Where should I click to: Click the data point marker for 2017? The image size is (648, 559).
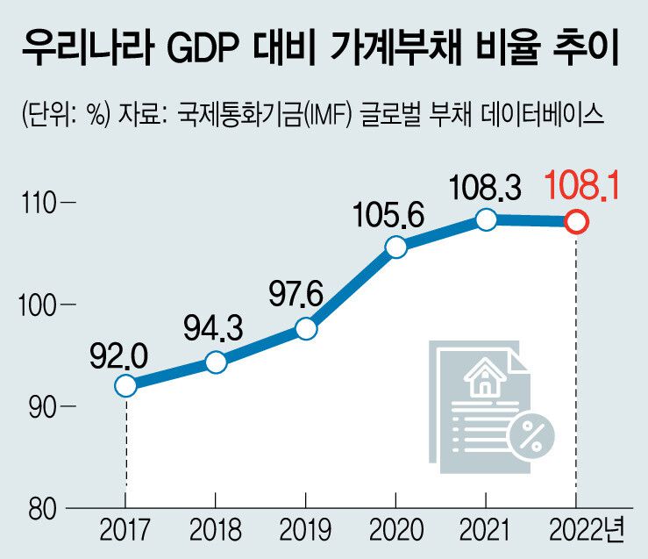click(126, 385)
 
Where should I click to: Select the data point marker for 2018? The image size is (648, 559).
click(216, 362)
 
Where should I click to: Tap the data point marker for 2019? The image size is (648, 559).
click(306, 328)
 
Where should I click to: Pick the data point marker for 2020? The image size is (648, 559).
click(396, 247)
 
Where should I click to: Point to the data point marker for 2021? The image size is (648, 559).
click(486, 220)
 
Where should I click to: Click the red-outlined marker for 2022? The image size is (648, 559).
click(575, 222)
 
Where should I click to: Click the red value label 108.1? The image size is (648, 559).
click(575, 186)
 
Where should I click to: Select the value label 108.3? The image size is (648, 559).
click(484, 186)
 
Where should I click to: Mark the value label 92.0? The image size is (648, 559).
click(119, 353)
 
